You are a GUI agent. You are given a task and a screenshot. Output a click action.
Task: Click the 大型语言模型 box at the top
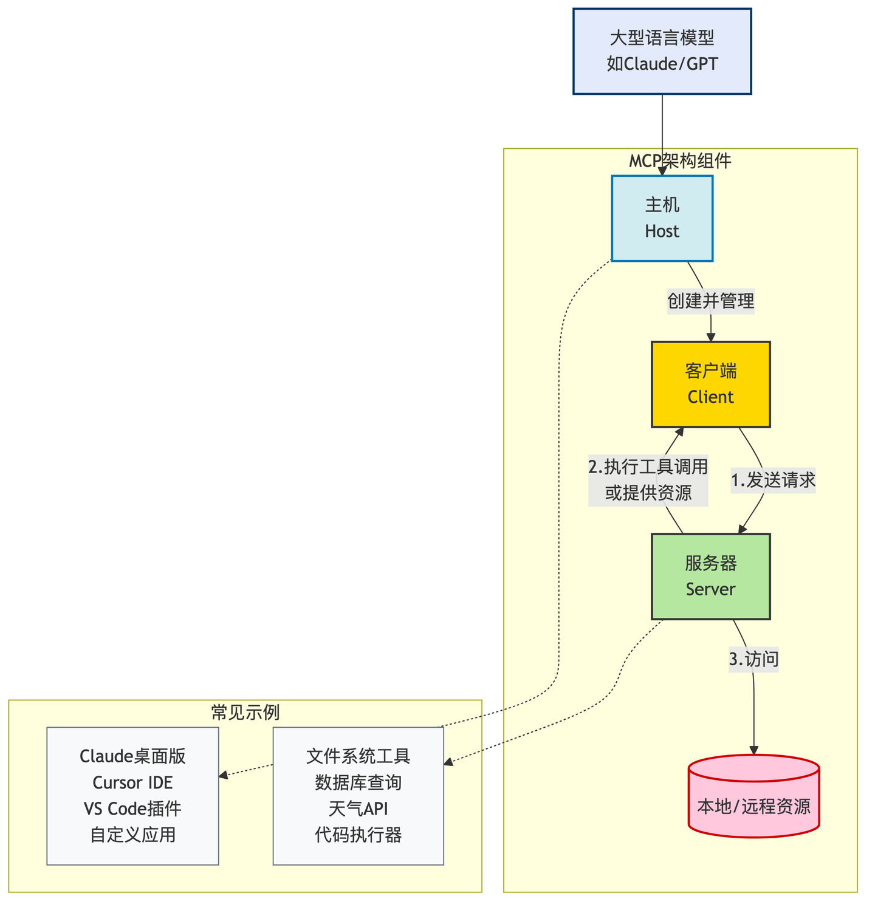coord(662,51)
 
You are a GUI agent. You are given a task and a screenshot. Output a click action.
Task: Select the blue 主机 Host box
coord(662,218)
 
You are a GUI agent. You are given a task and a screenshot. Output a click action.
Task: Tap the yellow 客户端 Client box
coord(710,384)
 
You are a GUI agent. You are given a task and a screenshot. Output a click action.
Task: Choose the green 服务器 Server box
coord(710,576)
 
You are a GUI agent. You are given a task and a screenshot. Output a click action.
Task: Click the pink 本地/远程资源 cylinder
coord(753,802)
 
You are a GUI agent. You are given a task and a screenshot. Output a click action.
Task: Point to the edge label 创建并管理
coord(710,301)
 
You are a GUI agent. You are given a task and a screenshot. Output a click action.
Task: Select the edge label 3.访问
coord(753,659)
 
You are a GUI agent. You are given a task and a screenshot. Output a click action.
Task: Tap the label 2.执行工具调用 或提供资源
coord(648,480)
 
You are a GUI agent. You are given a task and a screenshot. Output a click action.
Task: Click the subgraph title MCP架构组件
coord(680,161)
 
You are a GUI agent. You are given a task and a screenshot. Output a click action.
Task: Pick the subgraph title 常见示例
coord(245,713)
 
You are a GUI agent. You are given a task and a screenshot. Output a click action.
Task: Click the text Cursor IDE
coord(132,782)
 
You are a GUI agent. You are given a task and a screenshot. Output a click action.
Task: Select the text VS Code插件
coord(132,809)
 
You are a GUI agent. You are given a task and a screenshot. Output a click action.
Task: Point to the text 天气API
coord(358,809)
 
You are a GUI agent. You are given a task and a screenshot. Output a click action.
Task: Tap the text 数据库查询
coord(358,782)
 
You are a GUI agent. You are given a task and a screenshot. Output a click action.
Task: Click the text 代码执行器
coord(358,835)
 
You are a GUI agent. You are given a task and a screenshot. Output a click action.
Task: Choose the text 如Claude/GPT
coord(662,64)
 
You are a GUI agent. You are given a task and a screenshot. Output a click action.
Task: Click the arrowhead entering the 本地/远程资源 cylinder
coord(754,751)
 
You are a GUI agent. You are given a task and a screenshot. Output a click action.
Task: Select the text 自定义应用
coord(132,835)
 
